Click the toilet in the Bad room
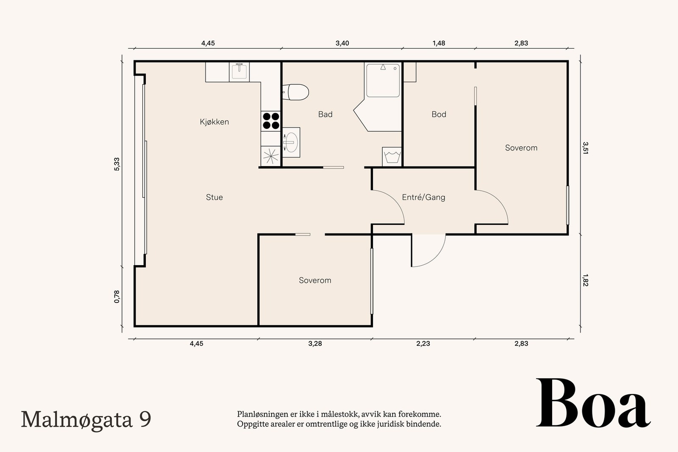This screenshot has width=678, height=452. click(x=295, y=92)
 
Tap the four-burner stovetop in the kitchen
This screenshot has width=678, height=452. click(x=271, y=121)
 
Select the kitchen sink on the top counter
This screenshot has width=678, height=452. click(x=239, y=72)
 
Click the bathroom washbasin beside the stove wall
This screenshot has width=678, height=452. click(x=291, y=142)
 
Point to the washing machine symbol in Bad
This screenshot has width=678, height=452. click(x=392, y=157)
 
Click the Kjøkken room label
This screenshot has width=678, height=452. click(x=214, y=122)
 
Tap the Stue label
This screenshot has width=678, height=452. click(x=214, y=197)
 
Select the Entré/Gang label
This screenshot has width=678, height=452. click(x=423, y=197)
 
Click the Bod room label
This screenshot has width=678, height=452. click(x=439, y=114)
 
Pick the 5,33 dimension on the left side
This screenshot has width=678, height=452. click(x=117, y=164)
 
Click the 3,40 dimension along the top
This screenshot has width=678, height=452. click(x=342, y=43)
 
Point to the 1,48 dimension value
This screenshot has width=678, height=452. click(x=439, y=43)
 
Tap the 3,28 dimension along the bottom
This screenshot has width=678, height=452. click(x=315, y=344)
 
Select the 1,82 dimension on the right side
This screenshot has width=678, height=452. click(x=585, y=280)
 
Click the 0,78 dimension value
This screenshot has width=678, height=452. click(x=117, y=297)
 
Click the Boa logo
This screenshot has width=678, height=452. click(x=593, y=403)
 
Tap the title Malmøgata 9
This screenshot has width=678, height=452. click(x=86, y=419)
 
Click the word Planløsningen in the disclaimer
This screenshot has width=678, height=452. click(x=258, y=414)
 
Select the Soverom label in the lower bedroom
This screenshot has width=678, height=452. click(x=315, y=280)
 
